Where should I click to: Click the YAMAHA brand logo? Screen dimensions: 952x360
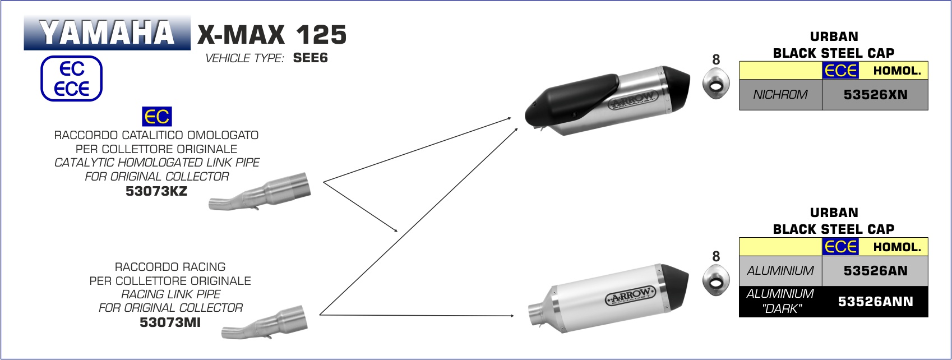click(x=107, y=33)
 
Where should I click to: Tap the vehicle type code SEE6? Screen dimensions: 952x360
click(x=310, y=58)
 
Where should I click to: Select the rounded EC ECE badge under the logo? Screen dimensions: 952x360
click(x=71, y=79)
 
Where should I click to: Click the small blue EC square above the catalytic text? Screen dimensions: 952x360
click(x=157, y=117)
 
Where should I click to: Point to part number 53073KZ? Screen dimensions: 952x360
click(x=156, y=191)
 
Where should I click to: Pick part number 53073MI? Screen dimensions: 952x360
click(x=170, y=322)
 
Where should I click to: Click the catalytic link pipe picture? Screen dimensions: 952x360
click(x=260, y=192)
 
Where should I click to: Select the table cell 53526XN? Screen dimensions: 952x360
click(x=875, y=95)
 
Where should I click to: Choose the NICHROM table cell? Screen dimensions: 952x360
click(x=780, y=95)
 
